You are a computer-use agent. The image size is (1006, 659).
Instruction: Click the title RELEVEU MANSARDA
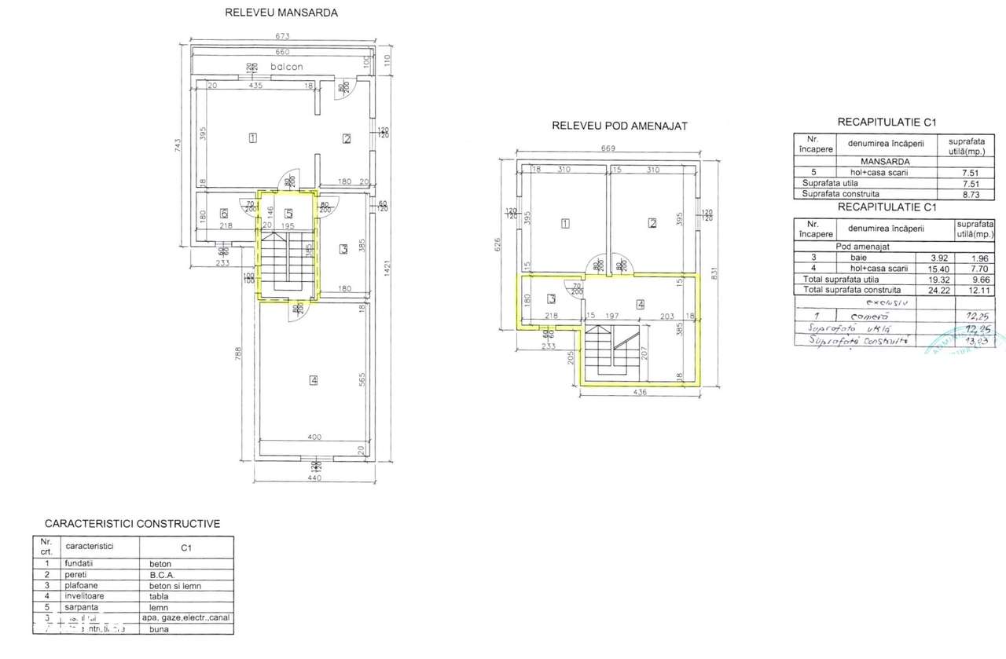point(282,13)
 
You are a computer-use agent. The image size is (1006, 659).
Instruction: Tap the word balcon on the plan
point(287,67)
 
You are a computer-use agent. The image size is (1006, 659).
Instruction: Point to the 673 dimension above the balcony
point(282,36)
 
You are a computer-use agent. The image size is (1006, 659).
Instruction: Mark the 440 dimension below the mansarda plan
point(314,478)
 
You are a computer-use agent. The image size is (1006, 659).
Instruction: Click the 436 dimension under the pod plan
point(638,393)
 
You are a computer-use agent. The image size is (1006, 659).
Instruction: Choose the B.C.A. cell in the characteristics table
point(160,574)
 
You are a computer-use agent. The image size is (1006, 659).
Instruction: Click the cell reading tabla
point(159,596)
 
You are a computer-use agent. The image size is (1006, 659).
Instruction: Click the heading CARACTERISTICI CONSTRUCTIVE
point(132,523)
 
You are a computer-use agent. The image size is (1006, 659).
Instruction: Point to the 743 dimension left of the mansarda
point(178,147)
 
